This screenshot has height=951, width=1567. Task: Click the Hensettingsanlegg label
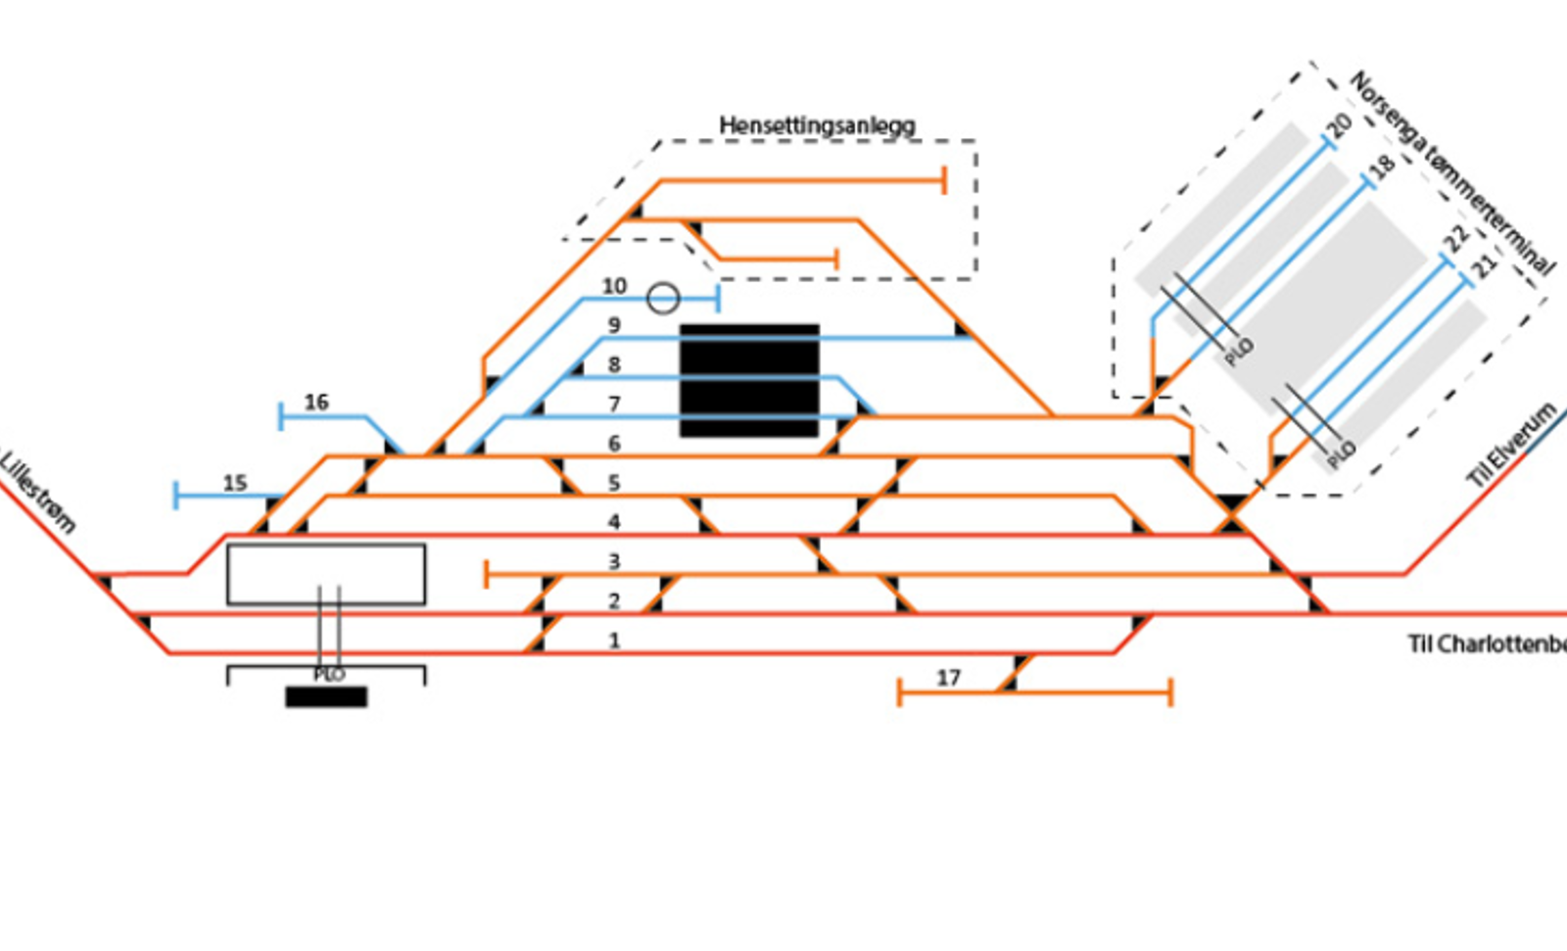click(817, 125)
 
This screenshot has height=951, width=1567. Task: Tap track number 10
click(614, 286)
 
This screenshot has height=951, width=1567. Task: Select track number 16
click(316, 403)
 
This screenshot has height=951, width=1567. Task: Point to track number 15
click(235, 483)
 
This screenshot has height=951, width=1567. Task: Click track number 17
click(948, 678)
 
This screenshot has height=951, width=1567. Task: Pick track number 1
click(614, 641)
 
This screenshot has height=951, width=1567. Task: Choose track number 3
click(614, 561)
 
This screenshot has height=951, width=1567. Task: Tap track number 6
click(614, 444)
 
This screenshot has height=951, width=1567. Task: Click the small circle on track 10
click(663, 298)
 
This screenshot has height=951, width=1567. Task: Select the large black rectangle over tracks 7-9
click(749, 380)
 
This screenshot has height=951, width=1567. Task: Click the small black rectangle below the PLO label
click(326, 696)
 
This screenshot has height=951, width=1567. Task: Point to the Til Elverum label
click(1510, 445)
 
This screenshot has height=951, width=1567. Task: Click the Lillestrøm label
click(37, 491)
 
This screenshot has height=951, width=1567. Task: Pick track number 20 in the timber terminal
click(1338, 124)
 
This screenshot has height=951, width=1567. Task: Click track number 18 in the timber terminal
click(1381, 166)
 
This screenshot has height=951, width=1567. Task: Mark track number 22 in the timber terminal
click(1457, 238)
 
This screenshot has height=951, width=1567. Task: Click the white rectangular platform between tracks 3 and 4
click(326, 574)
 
